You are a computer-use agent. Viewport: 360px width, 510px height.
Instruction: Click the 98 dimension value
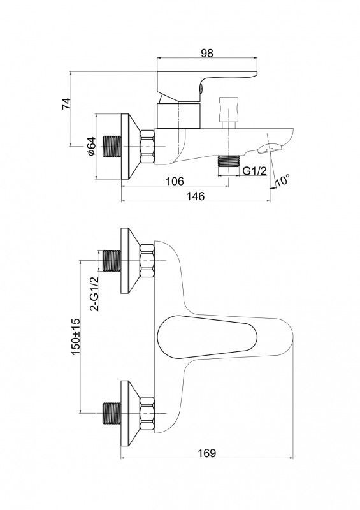coord(207,53)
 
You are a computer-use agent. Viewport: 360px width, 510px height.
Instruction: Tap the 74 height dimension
coord(66,103)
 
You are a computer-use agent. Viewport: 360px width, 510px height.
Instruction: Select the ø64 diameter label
coord(92,146)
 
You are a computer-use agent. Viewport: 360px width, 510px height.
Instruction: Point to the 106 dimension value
coord(175,181)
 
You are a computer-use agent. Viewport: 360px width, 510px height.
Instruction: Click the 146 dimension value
coord(195,196)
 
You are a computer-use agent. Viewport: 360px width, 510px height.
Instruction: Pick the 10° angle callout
coord(282,180)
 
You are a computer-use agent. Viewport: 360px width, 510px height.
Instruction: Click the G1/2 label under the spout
coord(255,170)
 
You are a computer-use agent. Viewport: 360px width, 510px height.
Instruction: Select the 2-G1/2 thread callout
coord(95,294)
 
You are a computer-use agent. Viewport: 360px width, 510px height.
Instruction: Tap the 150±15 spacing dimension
coord(75,337)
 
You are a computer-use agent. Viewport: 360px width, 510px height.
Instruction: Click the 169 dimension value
coord(207,453)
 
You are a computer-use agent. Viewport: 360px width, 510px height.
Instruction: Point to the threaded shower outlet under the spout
coord(229,161)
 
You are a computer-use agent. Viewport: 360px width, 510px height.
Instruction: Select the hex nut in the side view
coord(147,147)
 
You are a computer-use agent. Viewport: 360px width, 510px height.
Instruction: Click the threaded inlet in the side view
coord(112,147)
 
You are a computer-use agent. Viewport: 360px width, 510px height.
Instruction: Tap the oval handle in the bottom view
coord(207,337)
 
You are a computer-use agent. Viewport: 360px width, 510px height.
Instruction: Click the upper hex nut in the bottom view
coord(147,261)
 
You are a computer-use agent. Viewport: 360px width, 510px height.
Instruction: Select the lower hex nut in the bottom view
coord(147,413)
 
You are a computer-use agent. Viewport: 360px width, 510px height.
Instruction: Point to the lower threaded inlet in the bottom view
coord(112,413)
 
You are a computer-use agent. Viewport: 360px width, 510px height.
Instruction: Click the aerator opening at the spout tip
coord(270,149)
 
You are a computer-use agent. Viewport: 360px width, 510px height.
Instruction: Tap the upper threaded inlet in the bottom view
coord(112,261)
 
